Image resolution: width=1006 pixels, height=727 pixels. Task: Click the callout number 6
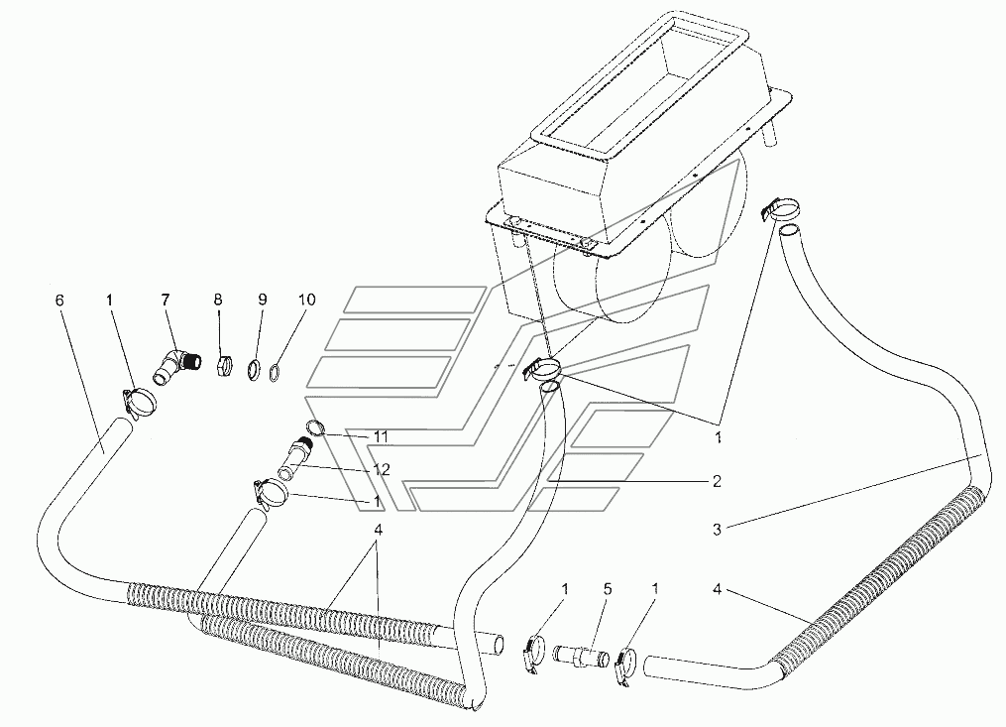pos(59,300)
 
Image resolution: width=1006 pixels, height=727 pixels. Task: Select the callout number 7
pos(166,300)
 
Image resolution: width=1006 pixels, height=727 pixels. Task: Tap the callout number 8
pos(219,300)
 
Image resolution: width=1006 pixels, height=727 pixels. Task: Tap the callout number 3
pos(715,530)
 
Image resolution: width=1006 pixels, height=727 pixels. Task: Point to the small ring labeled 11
pos(314,427)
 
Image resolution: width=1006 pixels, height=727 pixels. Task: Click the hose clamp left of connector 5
pos(532,653)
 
